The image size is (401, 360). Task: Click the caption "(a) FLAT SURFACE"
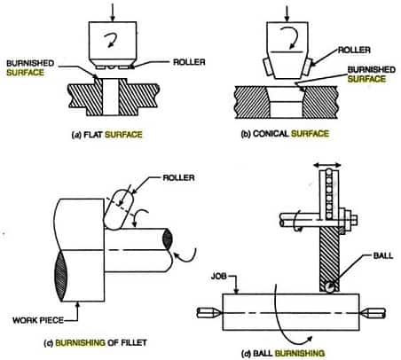click(x=107, y=135)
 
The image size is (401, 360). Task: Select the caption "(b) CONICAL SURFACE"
click(x=285, y=134)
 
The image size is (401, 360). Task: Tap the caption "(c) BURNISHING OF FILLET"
click(x=95, y=343)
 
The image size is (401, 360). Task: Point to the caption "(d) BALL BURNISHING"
click(x=283, y=353)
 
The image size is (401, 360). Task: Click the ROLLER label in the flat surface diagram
click(x=189, y=62)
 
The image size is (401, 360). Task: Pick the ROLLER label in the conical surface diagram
click(x=354, y=50)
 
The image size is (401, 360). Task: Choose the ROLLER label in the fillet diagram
click(x=178, y=177)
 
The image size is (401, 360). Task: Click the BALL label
click(x=383, y=255)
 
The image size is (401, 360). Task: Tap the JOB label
click(x=219, y=277)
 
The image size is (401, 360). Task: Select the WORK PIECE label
click(x=38, y=320)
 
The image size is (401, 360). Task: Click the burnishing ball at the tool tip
click(x=329, y=287)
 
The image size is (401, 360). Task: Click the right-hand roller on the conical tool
click(x=308, y=67)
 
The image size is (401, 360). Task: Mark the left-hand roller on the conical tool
click(x=267, y=67)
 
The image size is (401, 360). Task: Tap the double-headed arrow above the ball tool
click(x=327, y=165)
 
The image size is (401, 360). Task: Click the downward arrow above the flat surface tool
click(x=112, y=12)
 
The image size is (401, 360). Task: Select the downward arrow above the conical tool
click(x=287, y=12)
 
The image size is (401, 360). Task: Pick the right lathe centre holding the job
click(x=373, y=313)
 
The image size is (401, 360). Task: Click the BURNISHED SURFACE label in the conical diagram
click(x=371, y=74)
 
